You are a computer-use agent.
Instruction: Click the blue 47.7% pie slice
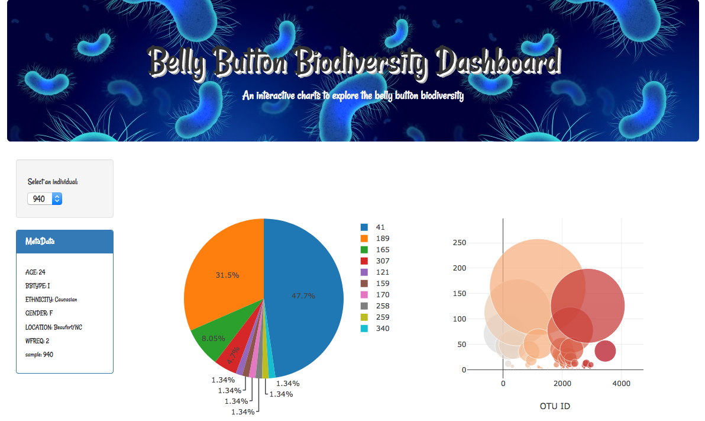305,296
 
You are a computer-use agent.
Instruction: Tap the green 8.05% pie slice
210,338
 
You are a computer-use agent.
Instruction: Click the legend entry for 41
374,227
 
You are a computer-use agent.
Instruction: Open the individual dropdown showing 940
44,199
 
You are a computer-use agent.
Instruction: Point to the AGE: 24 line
35,272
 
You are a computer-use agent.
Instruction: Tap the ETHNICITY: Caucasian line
51,300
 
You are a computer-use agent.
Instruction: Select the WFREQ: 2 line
37,340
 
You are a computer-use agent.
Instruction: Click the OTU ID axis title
555,406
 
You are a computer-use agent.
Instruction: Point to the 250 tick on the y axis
459,243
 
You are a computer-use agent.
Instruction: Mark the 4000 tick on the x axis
621,383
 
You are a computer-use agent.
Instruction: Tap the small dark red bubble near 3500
605,351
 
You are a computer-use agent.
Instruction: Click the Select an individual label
53,182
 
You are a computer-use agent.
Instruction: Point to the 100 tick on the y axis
459,319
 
